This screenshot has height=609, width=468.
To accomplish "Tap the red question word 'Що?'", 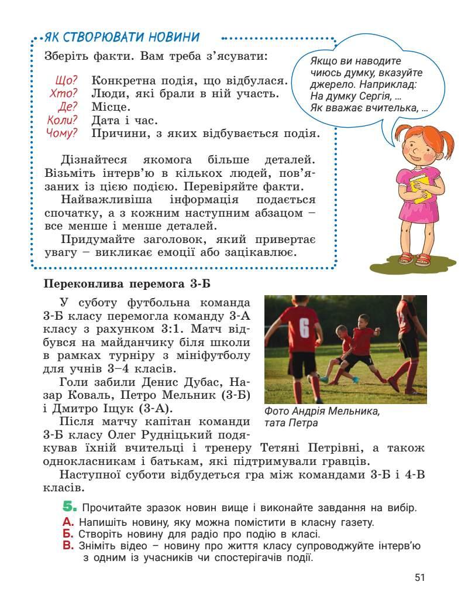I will click(66, 80).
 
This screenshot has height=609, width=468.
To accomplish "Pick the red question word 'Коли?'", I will click(62, 120).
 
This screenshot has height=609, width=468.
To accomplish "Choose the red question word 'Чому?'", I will click(61, 133).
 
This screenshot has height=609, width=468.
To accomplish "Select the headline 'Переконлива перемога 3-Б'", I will click(126, 285).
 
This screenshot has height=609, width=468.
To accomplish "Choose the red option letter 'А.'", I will click(67, 522).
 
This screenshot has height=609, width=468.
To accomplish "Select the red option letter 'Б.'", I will click(67, 534).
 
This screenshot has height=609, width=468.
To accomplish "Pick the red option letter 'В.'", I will click(67, 546).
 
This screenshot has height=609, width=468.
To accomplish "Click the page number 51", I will click(419, 578).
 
